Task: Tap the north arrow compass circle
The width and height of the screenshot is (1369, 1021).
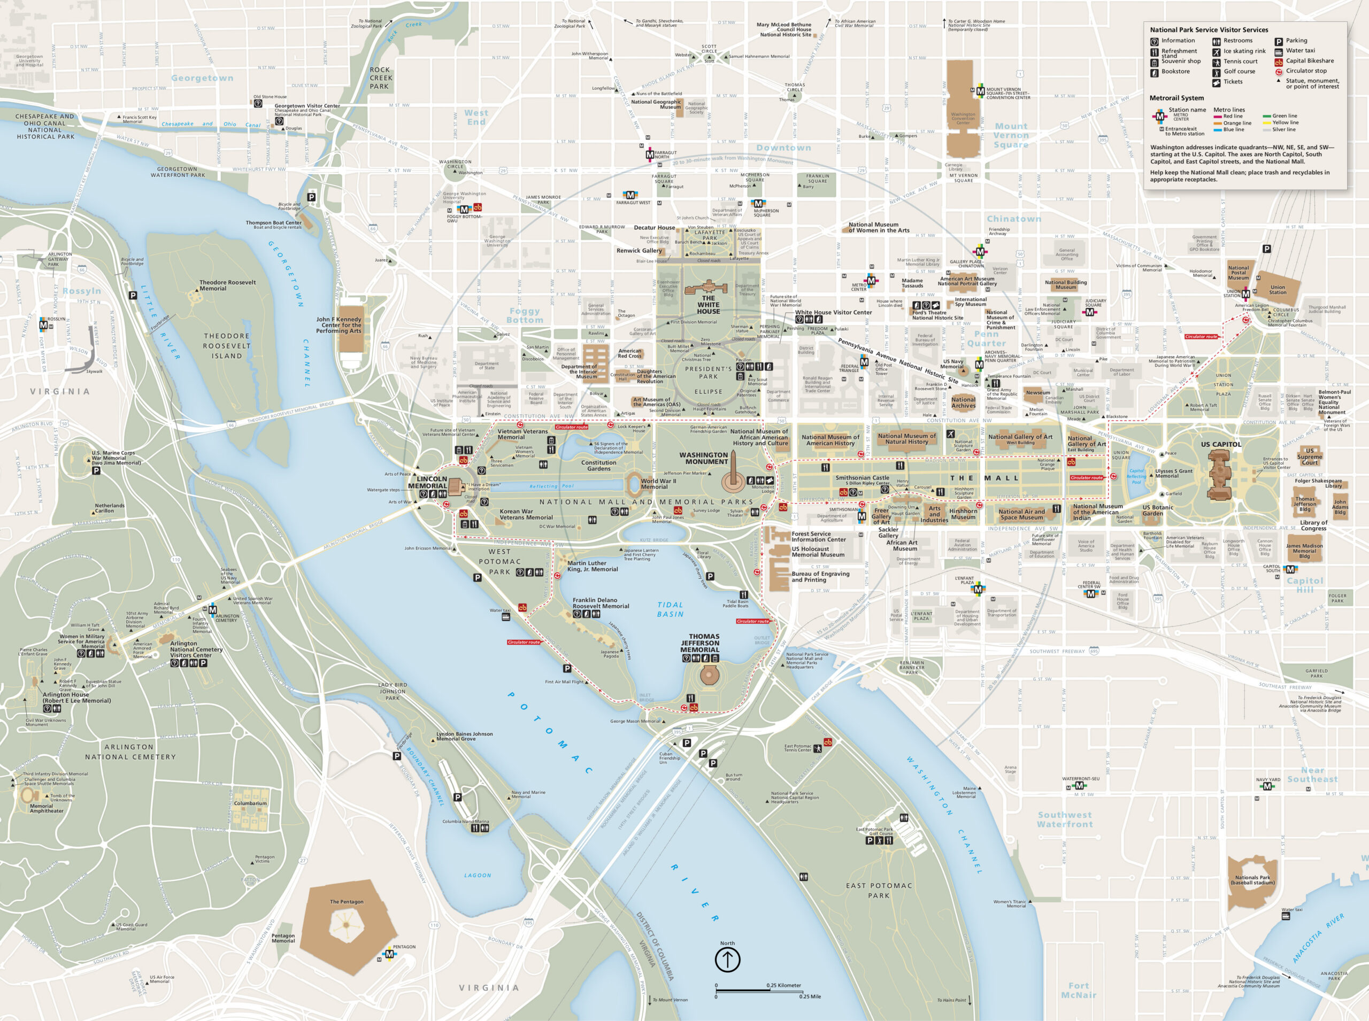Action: (x=727, y=960)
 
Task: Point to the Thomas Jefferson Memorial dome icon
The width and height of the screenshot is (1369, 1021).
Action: (x=709, y=676)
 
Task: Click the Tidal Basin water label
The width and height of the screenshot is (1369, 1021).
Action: (x=670, y=609)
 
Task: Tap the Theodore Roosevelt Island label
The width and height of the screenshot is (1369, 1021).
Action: (x=227, y=346)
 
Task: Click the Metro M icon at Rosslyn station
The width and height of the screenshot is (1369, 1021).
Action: (x=43, y=325)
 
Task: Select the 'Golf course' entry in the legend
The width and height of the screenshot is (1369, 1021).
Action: (x=1239, y=71)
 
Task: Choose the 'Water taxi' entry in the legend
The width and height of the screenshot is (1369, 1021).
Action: (x=1299, y=51)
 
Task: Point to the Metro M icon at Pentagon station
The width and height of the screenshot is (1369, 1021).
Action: (x=389, y=954)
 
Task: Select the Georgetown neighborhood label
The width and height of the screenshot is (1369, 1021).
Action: (x=202, y=78)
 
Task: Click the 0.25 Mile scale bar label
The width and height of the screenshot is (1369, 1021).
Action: (x=810, y=996)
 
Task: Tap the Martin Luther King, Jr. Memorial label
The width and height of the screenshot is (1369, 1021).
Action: (x=592, y=566)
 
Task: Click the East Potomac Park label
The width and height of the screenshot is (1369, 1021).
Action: (x=879, y=890)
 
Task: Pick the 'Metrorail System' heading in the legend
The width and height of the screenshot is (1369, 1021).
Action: (x=1176, y=98)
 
